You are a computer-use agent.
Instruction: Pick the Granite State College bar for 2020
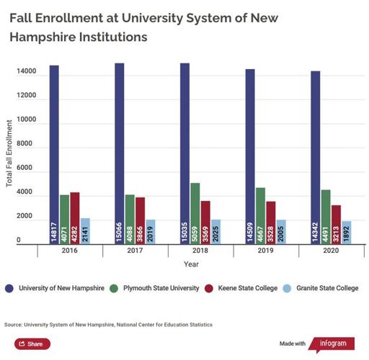(x=347, y=233)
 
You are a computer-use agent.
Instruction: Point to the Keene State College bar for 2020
(x=337, y=225)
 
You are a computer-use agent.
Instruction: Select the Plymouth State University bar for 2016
(x=65, y=220)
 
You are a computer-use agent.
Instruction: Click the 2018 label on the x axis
(x=200, y=252)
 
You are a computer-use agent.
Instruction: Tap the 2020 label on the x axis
(x=331, y=252)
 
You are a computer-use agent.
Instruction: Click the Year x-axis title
(x=191, y=265)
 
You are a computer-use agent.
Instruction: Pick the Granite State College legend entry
(x=321, y=288)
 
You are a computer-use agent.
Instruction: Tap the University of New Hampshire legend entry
(x=61, y=288)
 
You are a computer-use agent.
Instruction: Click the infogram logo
(x=332, y=343)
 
